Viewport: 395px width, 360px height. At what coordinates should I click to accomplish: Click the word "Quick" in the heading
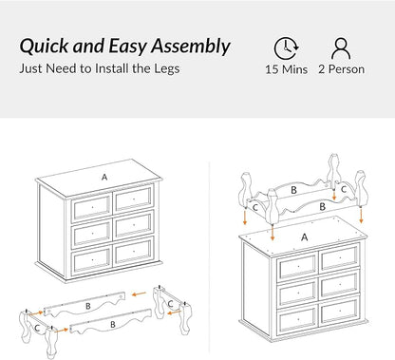44,46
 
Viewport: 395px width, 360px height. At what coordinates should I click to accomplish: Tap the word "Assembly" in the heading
191,47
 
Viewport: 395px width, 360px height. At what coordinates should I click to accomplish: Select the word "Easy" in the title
127,47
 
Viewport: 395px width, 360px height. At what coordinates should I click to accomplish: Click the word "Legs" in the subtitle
167,68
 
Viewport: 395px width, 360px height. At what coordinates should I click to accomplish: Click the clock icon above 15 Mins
286,48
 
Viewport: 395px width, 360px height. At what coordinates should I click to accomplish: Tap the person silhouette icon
341,48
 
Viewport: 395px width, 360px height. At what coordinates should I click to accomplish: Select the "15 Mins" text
286,69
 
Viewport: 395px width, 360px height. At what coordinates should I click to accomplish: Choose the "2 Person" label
341,69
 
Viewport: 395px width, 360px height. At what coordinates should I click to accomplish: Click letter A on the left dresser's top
104,178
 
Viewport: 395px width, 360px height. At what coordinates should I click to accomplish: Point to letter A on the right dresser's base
305,237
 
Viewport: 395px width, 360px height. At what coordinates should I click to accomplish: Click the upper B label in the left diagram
88,306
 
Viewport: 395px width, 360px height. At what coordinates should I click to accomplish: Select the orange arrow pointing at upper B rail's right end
139,294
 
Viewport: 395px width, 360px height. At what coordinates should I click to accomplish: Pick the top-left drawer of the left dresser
91,207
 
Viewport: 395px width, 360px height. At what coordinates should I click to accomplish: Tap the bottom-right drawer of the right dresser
339,311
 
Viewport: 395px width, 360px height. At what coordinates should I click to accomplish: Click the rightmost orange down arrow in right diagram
361,217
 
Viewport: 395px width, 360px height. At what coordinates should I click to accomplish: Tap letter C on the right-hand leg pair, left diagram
170,304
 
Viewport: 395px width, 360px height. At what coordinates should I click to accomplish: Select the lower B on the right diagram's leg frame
322,207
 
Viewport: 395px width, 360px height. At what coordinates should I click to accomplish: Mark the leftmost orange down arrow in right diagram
245,218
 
